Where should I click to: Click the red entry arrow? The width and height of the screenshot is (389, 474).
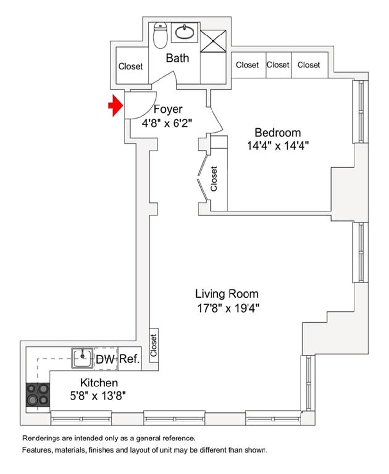[116, 105]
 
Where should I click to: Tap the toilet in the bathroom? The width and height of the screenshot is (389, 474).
[160, 35]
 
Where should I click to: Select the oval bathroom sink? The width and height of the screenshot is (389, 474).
[185, 33]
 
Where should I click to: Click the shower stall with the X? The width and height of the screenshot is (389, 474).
[213, 41]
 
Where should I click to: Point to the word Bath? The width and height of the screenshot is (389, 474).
[177, 58]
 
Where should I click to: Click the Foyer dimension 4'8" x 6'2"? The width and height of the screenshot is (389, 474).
[167, 123]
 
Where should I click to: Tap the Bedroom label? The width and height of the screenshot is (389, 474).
[278, 132]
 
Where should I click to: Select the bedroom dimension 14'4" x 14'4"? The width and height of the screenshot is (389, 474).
[278, 146]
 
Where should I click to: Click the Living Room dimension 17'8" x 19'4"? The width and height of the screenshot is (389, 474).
[229, 308]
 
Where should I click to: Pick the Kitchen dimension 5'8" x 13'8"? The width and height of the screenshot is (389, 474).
[98, 395]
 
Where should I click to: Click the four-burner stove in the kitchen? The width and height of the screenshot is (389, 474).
[38, 395]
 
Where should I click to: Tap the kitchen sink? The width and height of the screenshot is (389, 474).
[82, 358]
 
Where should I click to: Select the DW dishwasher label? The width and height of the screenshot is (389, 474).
[105, 359]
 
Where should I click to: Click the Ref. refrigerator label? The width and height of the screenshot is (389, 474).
[129, 359]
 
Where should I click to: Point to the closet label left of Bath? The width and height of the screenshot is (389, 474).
[131, 66]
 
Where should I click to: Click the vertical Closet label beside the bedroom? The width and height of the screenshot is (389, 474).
[213, 178]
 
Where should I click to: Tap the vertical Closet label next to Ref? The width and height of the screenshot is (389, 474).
[154, 345]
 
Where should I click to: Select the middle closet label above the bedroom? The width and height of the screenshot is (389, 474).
[278, 65]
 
